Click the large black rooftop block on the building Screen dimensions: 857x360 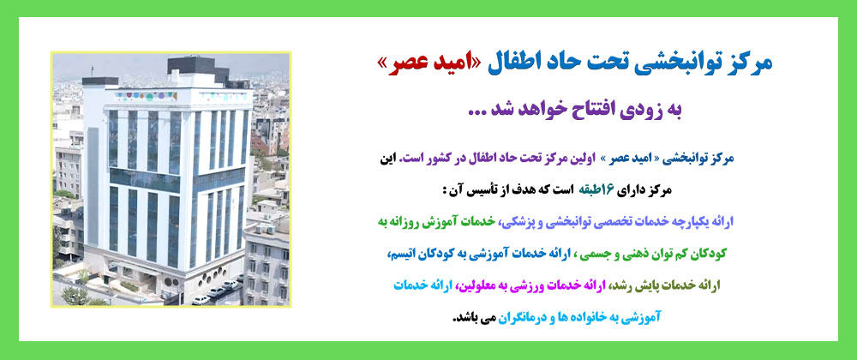pyautogui.click(x=191, y=65)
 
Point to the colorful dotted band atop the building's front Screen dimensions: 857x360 pyautogui.click(x=146, y=96)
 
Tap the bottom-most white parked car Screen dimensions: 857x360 pyautogui.click(x=201, y=299)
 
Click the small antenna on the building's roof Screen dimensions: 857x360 pyautogui.click(x=93, y=70)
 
